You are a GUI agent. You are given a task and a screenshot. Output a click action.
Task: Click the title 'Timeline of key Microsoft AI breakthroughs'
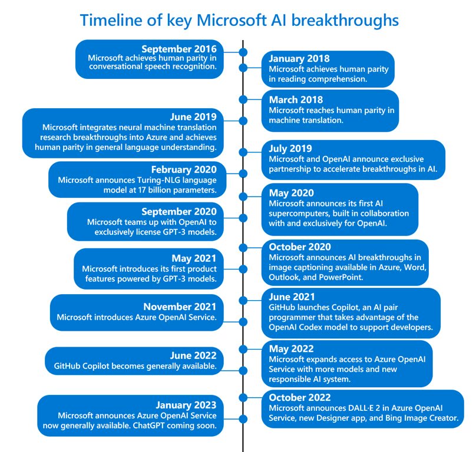coord(239,21)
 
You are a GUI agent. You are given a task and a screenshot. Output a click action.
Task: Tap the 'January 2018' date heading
coord(299,58)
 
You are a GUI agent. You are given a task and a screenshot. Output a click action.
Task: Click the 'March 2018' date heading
coord(296,99)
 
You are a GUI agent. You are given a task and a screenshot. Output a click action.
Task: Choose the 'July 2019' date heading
coord(291,148)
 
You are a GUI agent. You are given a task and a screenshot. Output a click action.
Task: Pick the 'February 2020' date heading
coord(184,169)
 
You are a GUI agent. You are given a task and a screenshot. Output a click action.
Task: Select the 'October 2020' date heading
coord(299,247)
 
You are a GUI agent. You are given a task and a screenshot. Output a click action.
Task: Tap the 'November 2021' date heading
coord(180,307)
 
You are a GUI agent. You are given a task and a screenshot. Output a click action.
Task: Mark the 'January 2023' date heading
coord(186,405)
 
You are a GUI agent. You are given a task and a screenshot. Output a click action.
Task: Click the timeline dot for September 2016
coord(243,52)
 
